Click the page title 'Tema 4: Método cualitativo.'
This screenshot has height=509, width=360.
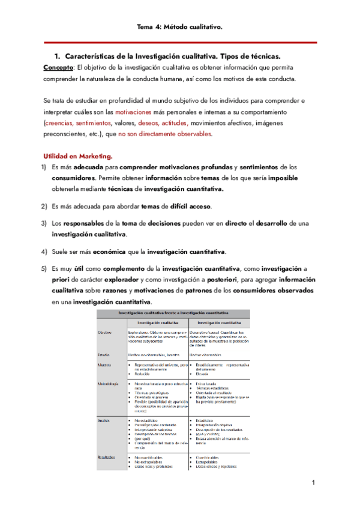click(x=179, y=27)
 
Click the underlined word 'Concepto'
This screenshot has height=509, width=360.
click(x=58, y=67)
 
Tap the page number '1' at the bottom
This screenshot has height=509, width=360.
click(x=313, y=483)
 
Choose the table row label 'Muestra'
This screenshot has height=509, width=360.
click(x=106, y=364)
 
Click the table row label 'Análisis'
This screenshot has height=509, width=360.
click(x=106, y=421)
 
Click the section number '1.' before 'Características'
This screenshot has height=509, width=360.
click(x=58, y=55)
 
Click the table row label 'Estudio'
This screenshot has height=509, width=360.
click(x=105, y=355)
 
